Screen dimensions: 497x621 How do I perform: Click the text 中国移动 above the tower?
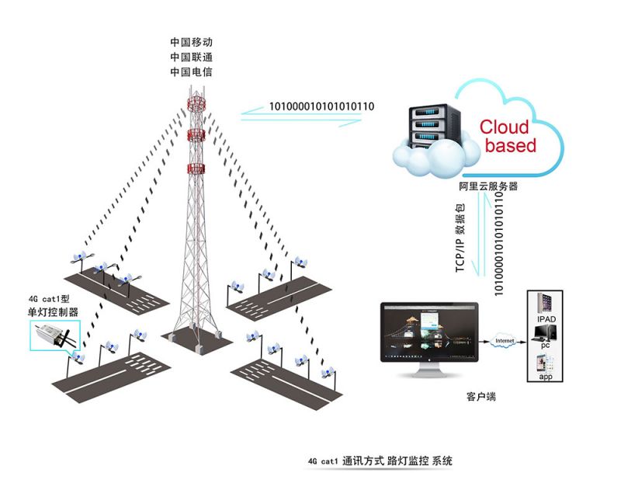[191, 41]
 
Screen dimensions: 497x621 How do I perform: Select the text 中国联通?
[191, 57]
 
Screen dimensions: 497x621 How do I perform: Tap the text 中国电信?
[191, 72]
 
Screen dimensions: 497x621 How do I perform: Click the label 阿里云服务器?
[487, 186]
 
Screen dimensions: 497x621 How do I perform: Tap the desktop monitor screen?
[429, 335]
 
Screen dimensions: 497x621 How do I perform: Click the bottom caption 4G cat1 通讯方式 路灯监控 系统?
[380, 461]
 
